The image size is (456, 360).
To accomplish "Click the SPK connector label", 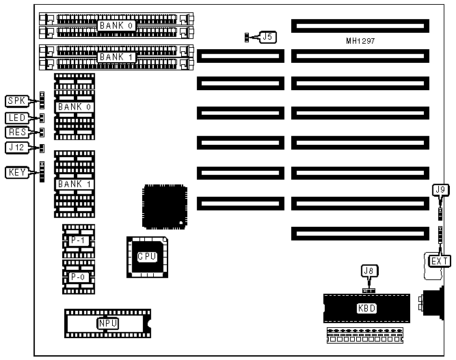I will (x=16, y=101).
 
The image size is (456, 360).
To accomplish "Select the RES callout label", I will (x=16, y=132).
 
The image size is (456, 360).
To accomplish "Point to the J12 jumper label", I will (x=16, y=147).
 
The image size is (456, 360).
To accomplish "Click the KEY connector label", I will (x=16, y=172).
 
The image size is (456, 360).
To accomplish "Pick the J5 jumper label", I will (x=267, y=37).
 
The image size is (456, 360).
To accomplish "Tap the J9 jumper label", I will (x=440, y=190).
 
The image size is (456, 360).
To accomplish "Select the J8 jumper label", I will (x=368, y=271).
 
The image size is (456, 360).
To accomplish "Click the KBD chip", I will (x=366, y=308).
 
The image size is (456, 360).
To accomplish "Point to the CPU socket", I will (x=147, y=257).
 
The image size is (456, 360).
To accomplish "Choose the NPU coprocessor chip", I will (x=107, y=323).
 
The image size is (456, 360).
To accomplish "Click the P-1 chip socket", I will (x=78, y=240).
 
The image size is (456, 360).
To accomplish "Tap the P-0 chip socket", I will (x=78, y=277).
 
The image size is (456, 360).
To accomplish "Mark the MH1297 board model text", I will (x=360, y=41).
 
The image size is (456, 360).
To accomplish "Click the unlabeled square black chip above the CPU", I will (x=164, y=205).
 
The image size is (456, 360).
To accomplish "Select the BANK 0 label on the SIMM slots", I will (x=117, y=25).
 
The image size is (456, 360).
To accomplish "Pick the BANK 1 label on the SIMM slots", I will (x=117, y=57).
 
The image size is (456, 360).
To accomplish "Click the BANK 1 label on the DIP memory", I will (x=74, y=184).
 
